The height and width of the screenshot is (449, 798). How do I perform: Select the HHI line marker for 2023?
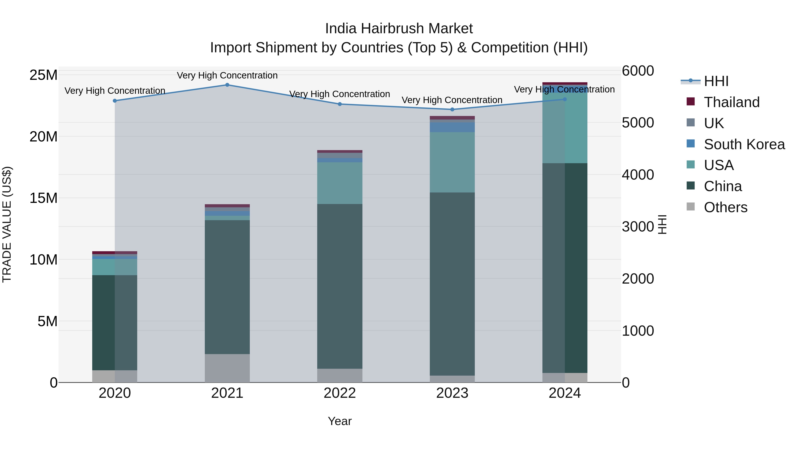(x=452, y=109)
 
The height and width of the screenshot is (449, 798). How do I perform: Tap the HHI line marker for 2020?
(x=115, y=101)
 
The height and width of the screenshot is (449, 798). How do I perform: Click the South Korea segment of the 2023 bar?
(x=452, y=127)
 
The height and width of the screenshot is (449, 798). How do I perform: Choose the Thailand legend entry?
(x=731, y=102)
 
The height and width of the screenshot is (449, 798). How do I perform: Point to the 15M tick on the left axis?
(x=43, y=198)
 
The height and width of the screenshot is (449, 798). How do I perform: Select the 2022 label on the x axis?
(x=340, y=393)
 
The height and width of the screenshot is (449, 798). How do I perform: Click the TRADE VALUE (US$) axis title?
(x=7, y=224)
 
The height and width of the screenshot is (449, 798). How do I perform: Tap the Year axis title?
(x=340, y=421)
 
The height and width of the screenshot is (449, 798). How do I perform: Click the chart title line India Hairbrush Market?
(x=399, y=29)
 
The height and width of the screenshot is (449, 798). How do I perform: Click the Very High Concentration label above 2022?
(x=340, y=94)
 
